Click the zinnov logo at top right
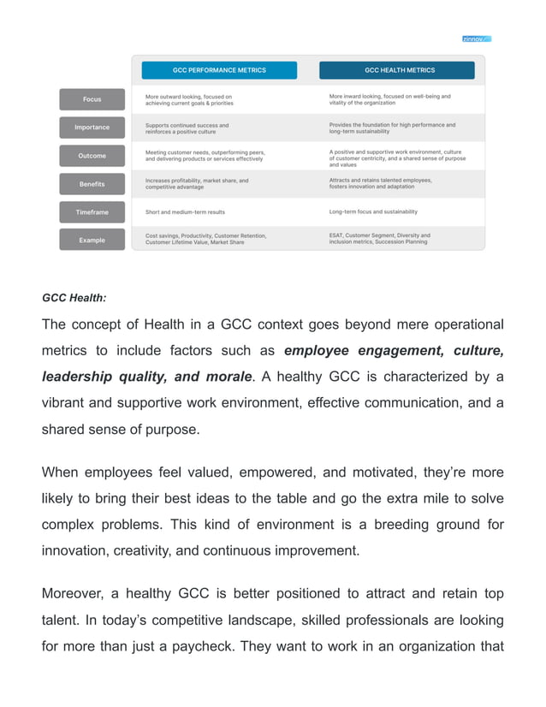(x=477, y=39)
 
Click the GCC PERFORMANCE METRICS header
(x=219, y=70)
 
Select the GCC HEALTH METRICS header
(x=400, y=70)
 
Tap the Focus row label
(x=92, y=99)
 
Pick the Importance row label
(x=92, y=128)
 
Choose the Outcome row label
(x=92, y=156)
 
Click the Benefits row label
(x=92, y=184)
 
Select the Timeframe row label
(x=92, y=211)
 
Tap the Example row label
(x=92, y=241)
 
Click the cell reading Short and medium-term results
(x=185, y=211)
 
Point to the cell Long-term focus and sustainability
(x=373, y=211)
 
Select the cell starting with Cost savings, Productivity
(x=205, y=239)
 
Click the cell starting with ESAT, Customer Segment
(x=379, y=238)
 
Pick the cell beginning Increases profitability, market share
(x=197, y=184)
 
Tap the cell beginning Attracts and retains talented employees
(x=380, y=184)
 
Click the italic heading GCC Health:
(x=74, y=298)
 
